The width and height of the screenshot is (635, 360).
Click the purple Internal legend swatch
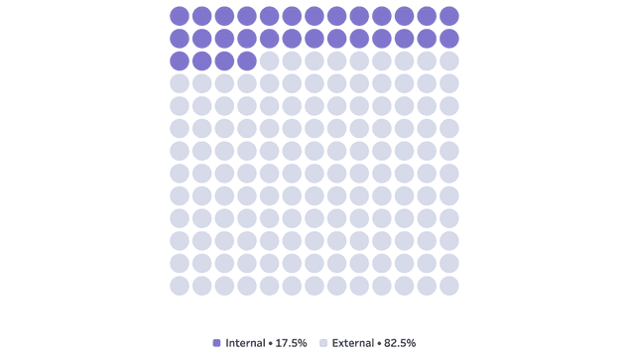(x=216, y=343)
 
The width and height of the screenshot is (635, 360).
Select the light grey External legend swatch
(x=323, y=343)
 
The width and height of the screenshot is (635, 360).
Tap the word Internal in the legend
(x=245, y=343)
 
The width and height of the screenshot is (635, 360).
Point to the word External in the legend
(x=353, y=343)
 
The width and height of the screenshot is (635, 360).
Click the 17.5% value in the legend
(x=291, y=343)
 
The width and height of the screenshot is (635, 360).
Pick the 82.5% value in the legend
(x=400, y=343)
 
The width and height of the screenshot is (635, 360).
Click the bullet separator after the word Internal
(x=271, y=343)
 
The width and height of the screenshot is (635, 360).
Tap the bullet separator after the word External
(x=379, y=343)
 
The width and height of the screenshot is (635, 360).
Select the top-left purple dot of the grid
(x=180, y=16)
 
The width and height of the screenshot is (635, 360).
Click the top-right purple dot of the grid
(x=449, y=16)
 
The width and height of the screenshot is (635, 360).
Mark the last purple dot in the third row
(x=247, y=61)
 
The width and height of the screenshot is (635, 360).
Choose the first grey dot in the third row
(x=269, y=61)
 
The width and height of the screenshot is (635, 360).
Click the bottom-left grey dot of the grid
(x=180, y=286)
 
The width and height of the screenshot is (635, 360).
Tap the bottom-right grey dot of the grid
(x=449, y=286)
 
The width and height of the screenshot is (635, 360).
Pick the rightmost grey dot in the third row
(x=449, y=61)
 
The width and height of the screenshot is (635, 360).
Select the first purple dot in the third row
(x=180, y=61)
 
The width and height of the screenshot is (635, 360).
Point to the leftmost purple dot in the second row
(x=180, y=39)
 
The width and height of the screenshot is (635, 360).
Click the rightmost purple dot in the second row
(x=449, y=39)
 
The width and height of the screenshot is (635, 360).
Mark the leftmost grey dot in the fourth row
(x=180, y=84)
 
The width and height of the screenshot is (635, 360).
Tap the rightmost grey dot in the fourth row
(x=449, y=84)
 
